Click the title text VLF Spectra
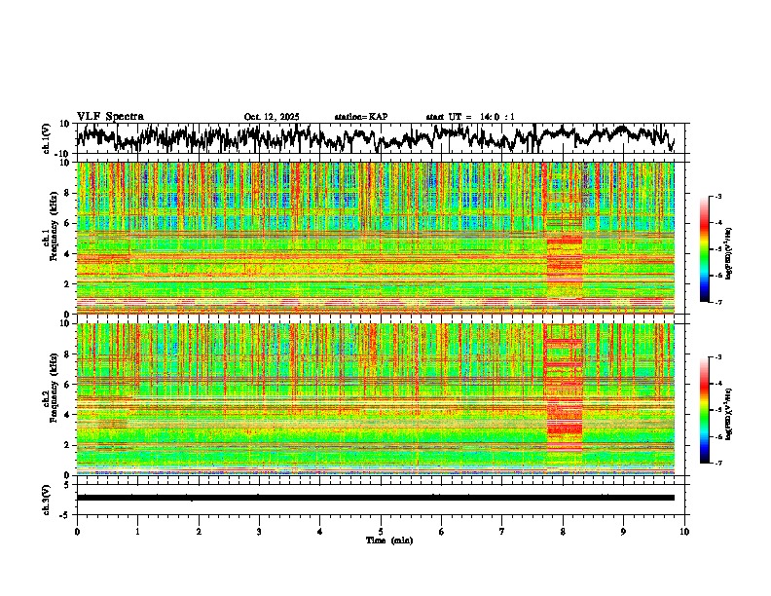pyautogui.click(x=110, y=116)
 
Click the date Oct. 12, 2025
pyautogui.click(x=271, y=117)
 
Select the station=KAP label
pyautogui.click(x=360, y=117)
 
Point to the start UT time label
pyautogui.click(x=470, y=117)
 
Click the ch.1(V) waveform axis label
pyautogui.click(x=47, y=138)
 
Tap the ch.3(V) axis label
pyautogui.click(x=47, y=496)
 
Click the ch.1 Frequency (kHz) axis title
pyautogui.click(x=47, y=239)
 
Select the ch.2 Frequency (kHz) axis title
pyautogui.click(x=47, y=399)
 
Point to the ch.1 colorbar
pyautogui.click(x=705, y=249)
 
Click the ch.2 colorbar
pyautogui.click(x=705, y=410)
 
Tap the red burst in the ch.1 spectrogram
pyautogui.click(x=564, y=263)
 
